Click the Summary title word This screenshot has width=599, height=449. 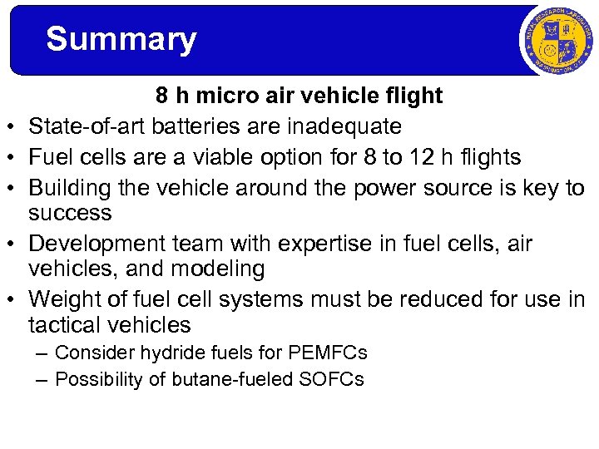pos(121,39)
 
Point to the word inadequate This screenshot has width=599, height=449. pos(344,126)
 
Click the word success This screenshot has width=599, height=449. pos(70,214)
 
